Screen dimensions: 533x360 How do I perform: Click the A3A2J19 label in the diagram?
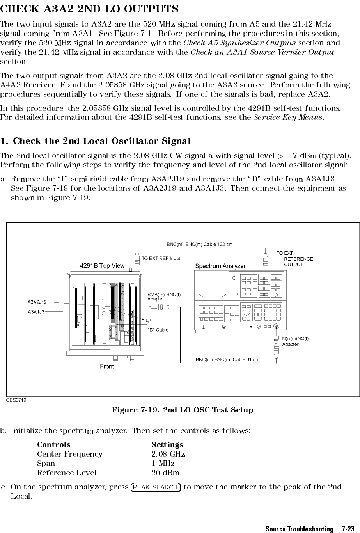[x=37, y=302]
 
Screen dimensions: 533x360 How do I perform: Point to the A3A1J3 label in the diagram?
[x=36, y=311]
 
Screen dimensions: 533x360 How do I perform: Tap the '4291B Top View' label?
[x=102, y=266]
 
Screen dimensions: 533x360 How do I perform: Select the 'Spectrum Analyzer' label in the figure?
[x=220, y=266]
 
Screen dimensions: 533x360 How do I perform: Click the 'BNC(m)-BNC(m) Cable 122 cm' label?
[x=200, y=245]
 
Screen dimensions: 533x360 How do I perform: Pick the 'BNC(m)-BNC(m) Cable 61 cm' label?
[x=227, y=359]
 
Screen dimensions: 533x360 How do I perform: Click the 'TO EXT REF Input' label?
[x=161, y=258]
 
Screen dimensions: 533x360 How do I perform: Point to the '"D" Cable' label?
[x=158, y=330]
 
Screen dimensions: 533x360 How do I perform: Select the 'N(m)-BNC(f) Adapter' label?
[x=295, y=341]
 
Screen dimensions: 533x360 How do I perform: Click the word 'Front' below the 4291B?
[x=107, y=366]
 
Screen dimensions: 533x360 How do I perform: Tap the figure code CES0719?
[x=16, y=400]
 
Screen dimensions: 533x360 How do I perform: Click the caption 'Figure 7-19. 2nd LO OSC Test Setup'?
[x=183, y=410]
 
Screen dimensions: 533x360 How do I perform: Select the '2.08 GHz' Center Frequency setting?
[x=168, y=454]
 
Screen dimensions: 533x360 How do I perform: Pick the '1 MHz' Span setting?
[x=163, y=464]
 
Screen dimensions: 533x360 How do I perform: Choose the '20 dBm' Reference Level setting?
[x=165, y=473]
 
